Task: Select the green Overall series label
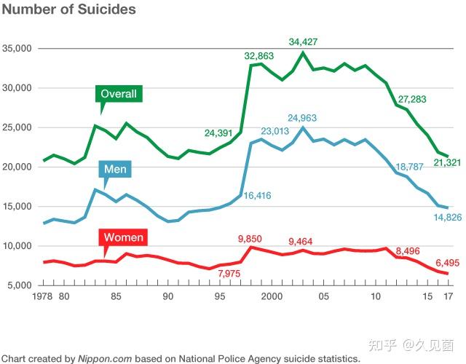[118, 94]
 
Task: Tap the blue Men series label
[116, 170]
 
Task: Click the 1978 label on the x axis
[44, 297]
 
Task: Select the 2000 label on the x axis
[272, 297]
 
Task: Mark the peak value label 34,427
[303, 41]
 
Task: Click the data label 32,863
[259, 55]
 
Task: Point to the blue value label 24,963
[302, 118]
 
